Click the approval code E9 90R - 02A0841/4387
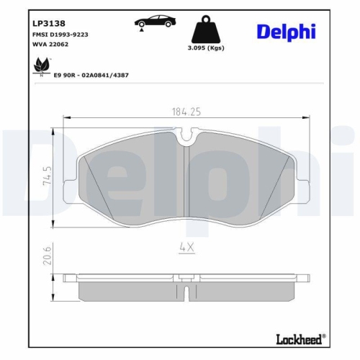(x=91, y=74)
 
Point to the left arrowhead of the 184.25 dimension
(x=67, y=117)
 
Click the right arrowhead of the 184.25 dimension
(x=307, y=117)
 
